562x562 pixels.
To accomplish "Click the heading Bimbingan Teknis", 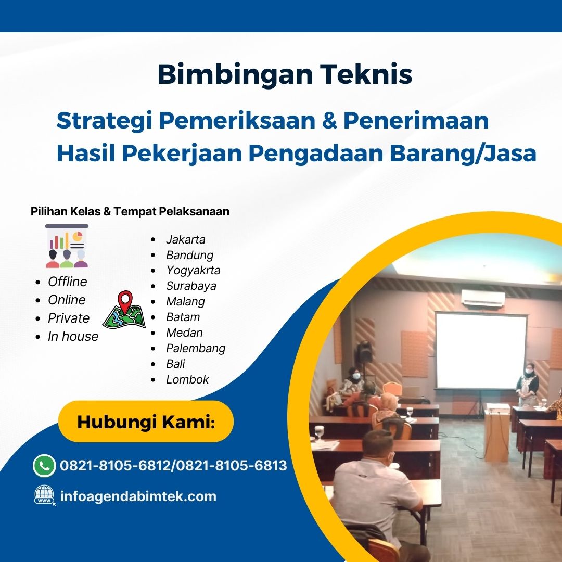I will coord(285,74).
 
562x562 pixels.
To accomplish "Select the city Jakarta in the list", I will coord(186,239).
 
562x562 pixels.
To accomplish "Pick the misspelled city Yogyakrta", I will coord(193,270).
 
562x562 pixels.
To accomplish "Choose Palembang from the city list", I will coord(196,348).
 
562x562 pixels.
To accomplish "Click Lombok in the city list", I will coord(187,379).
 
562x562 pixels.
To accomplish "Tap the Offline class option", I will coord(68,282).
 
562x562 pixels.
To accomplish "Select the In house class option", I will coord(73,336).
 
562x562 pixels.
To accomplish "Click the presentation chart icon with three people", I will coord(67,246).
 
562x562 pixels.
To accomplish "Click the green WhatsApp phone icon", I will coord(44,465).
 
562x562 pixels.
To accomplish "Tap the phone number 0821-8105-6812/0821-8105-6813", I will coord(173,465).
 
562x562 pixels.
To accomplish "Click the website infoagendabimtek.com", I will coord(138,496).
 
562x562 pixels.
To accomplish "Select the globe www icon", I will coord(45,495).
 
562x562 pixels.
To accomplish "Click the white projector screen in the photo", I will coord(480,350).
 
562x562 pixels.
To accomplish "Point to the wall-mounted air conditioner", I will coord(483,298).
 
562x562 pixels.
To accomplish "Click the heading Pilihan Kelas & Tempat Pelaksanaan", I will coord(130,211).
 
